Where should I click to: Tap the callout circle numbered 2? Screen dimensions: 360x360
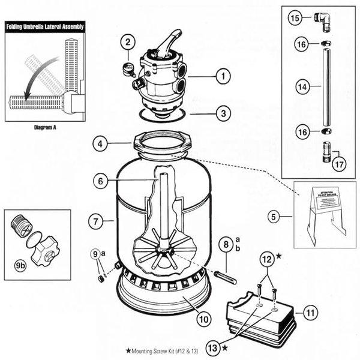pyautogui.click(x=127, y=42)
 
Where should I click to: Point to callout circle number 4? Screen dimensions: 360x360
pyautogui.click(x=101, y=144)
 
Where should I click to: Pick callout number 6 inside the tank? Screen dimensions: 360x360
pyautogui.click(x=101, y=180)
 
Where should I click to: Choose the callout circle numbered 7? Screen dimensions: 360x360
pyautogui.click(x=94, y=221)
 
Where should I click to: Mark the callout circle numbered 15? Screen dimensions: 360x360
pyautogui.click(x=294, y=19)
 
